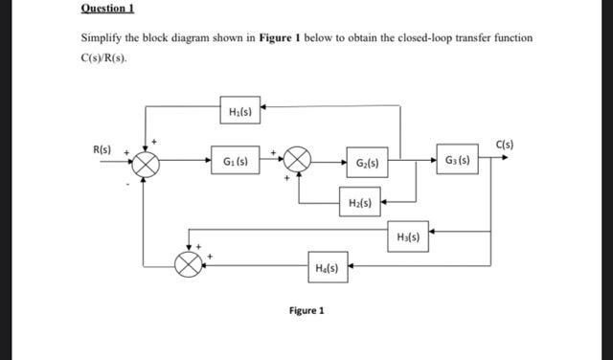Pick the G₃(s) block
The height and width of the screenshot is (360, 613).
[456, 159]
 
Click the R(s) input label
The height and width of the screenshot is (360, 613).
[102, 149]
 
